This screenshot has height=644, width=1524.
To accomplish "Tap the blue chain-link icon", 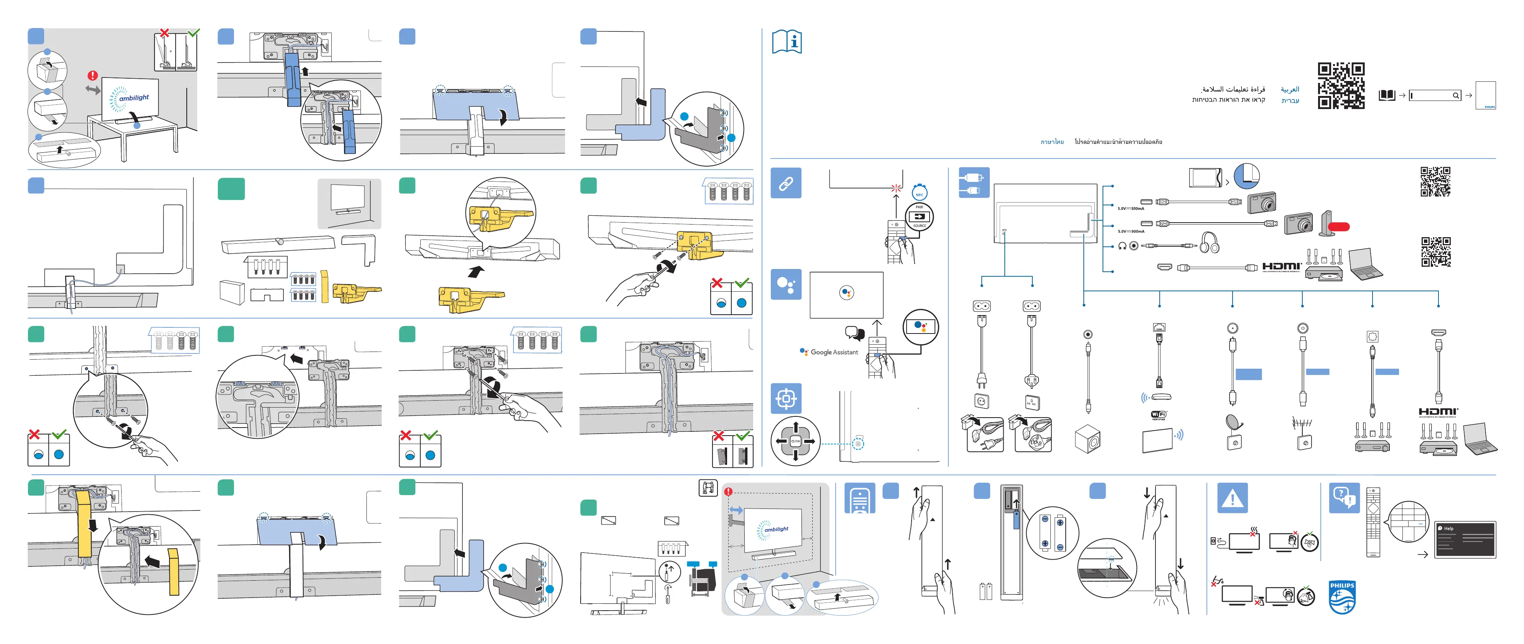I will (786, 183).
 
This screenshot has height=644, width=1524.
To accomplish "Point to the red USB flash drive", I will (1338, 226).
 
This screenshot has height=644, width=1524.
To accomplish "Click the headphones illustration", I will (1209, 242).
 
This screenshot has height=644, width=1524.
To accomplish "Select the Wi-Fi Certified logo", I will (1159, 415).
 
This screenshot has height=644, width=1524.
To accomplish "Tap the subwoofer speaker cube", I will (1087, 439).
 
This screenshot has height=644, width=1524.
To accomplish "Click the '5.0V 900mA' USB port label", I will (1131, 231).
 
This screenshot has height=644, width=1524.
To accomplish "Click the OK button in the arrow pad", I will (796, 441).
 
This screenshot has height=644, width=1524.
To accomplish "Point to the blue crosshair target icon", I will (786, 398).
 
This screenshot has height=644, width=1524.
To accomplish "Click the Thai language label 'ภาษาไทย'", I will (1052, 142).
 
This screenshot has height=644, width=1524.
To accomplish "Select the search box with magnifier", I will (1435, 95).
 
